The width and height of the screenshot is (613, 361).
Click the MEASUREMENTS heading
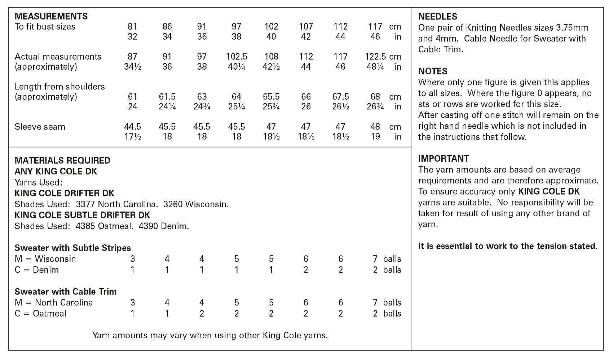(51, 16)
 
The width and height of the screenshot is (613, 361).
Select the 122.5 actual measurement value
(375, 57)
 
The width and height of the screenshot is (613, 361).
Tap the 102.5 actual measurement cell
(236, 57)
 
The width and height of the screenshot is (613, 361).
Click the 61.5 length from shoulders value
(167, 97)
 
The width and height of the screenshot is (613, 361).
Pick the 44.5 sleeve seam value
(132, 127)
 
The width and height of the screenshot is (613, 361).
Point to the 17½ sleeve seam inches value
(132, 137)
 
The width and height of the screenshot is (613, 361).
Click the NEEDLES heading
(437, 17)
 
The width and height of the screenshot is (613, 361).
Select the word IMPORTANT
(444, 159)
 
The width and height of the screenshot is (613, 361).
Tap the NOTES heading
(433, 71)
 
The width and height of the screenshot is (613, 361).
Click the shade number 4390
(148, 226)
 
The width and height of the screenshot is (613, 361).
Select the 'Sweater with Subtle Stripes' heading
(72, 248)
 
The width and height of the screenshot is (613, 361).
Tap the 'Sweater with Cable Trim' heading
(66, 292)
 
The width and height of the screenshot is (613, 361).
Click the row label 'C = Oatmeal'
(40, 314)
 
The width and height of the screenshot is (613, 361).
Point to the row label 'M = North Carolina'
(54, 303)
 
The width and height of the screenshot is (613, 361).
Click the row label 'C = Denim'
(36, 270)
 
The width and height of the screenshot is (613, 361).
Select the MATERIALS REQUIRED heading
(62, 161)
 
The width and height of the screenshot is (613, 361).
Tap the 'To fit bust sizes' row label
(45, 27)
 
